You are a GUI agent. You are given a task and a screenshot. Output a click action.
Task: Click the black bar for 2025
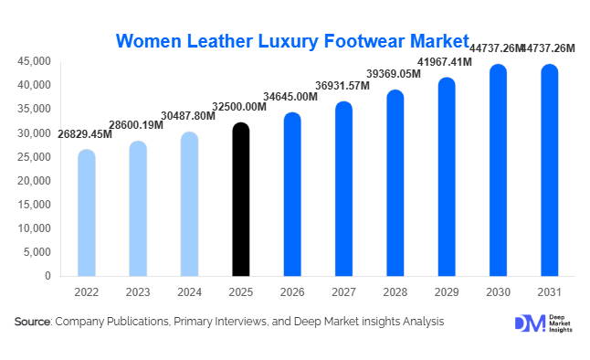click(240, 199)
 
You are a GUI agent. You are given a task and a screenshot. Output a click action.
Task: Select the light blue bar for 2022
click(87, 213)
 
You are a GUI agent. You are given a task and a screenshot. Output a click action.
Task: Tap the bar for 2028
click(395, 183)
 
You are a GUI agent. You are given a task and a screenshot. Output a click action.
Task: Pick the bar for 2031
click(549, 170)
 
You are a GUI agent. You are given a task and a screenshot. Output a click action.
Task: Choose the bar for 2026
click(292, 194)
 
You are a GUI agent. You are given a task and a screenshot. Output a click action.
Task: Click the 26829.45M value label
click(85, 134)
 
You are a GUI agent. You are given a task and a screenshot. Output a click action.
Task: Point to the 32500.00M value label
click(240, 107)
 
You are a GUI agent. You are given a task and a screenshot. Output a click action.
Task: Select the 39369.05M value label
click(395, 73)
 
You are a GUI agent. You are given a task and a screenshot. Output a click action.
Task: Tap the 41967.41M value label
click(446, 61)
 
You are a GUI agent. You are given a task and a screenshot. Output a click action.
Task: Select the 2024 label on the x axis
click(189, 291)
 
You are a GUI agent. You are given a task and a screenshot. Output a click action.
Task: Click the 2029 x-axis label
click(446, 291)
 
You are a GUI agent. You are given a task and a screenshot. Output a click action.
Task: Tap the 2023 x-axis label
click(138, 291)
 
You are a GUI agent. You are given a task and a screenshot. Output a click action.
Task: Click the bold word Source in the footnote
click(32, 322)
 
